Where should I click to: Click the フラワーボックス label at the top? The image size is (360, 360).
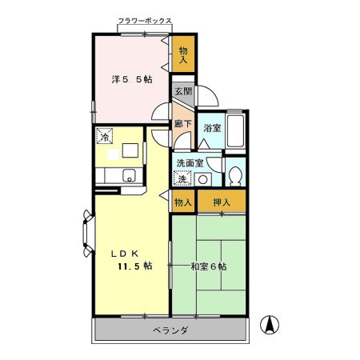point(145,21)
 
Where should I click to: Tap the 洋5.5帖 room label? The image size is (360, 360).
point(132,79)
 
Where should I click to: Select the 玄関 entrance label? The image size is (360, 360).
point(183,91)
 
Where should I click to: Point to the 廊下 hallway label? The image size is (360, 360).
point(183,123)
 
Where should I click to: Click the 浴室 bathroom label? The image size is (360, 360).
point(212,128)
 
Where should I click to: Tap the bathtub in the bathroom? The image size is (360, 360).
point(235,130)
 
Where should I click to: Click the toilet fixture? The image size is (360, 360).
point(235,176)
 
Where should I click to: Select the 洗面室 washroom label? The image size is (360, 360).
point(190,163)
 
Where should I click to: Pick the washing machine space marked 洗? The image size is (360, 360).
point(182,178)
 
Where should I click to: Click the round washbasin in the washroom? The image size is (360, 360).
point(203,180)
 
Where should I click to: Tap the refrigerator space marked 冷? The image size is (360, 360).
point(105,136)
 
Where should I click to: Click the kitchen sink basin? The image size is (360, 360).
point(129,176)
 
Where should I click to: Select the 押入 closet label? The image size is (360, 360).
point(222,202)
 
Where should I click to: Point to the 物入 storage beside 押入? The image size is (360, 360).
point(183,202)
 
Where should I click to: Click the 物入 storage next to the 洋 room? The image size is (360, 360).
point(183,54)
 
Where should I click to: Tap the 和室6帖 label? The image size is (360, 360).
point(209,266)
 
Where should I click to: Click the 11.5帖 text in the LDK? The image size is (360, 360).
point(135,266)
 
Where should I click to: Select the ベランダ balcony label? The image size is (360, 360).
point(170,330)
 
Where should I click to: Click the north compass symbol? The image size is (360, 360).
point(270,325)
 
